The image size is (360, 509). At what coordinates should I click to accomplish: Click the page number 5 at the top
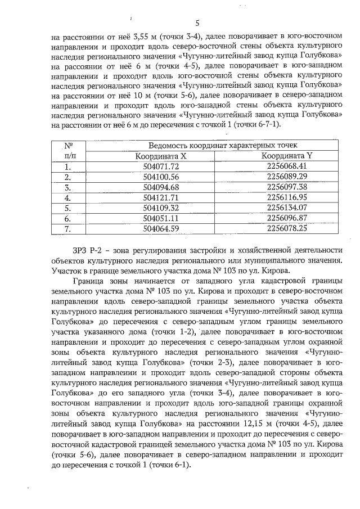(197, 23)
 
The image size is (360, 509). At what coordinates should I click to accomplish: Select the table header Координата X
(161, 156)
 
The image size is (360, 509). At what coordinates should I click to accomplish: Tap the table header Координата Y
(286, 156)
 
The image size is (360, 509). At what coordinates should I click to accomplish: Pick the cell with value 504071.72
(161, 166)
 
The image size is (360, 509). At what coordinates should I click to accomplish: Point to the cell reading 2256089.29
(287, 177)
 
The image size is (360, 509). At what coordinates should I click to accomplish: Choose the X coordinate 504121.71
(161, 197)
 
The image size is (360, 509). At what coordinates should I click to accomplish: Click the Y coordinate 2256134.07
(287, 208)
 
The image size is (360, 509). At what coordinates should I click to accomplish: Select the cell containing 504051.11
(161, 218)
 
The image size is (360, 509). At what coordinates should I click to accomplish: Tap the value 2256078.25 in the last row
(287, 228)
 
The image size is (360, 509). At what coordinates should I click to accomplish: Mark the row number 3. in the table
(67, 187)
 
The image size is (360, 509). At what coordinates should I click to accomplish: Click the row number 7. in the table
(67, 228)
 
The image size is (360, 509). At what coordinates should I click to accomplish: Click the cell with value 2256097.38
(287, 187)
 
